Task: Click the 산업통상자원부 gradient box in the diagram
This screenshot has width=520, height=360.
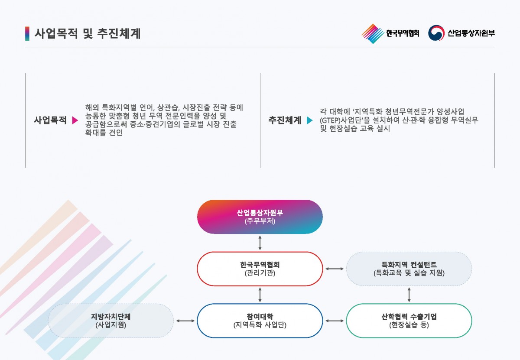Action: [x=260, y=217]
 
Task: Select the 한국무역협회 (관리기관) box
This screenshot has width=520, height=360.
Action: [x=260, y=269]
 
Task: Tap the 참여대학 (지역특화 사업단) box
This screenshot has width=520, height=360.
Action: [x=260, y=321]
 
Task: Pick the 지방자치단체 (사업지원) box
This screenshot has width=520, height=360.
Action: [x=110, y=321]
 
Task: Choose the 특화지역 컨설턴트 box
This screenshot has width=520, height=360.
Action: [x=409, y=269]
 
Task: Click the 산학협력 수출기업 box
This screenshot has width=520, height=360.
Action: [x=409, y=321]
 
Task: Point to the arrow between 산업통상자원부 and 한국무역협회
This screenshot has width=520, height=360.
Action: [x=260, y=243]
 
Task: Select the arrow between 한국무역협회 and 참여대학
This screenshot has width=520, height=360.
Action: [x=260, y=295]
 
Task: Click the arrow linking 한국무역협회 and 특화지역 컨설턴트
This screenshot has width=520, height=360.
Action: [x=334, y=269]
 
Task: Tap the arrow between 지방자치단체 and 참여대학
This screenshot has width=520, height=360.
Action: [x=185, y=321]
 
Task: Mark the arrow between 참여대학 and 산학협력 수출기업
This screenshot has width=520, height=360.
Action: [x=334, y=321]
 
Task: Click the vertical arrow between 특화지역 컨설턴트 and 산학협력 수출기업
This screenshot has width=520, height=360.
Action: [x=409, y=295]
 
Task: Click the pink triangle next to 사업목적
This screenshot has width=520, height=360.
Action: [x=75, y=121]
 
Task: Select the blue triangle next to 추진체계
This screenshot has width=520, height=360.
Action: [x=309, y=121]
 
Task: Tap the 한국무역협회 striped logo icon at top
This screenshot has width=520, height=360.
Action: [x=372, y=33]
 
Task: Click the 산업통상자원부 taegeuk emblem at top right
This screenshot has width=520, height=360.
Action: [x=436, y=33]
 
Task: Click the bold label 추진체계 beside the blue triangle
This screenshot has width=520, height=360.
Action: [x=284, y=121]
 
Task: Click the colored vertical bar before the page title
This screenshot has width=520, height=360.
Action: [x=27, y=34]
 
